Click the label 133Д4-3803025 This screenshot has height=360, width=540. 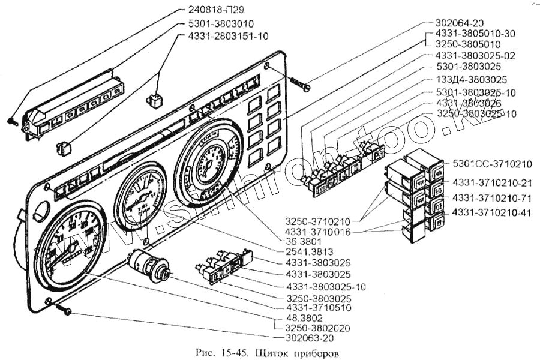point(471,79)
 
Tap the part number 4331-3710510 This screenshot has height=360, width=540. point(315,308)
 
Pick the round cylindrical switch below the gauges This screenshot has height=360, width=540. point(149,265)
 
